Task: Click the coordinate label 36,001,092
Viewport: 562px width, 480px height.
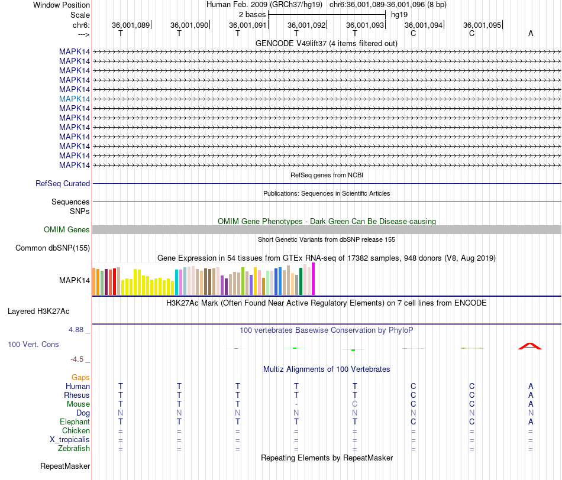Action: coord(306,25)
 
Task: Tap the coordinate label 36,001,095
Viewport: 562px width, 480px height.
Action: coord(482,25)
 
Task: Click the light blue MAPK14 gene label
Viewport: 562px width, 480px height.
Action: coord(75,99)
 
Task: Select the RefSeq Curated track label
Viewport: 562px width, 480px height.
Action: coord(63,183)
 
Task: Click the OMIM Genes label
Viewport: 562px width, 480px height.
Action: coord(67,229)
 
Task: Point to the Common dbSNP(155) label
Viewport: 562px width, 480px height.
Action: coord(53,248)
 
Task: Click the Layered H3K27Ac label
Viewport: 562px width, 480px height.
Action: coord(38,312)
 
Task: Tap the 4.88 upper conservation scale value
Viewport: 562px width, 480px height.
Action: coord(76,329)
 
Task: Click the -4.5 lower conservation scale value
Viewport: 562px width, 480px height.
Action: coord(77,359)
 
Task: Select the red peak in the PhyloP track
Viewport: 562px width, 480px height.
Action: coord(530,346)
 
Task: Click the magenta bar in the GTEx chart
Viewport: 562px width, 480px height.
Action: coord(314,278)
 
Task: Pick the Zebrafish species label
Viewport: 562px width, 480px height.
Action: coord(74,449)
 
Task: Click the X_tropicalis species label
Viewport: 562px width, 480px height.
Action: coord(70,440)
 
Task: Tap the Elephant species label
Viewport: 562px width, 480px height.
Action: coord(75,421)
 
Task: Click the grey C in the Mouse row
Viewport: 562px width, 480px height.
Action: coord(355,404)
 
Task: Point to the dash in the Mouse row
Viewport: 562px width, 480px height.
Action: coord(296,404)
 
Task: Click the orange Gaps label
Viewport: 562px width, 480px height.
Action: coord(80,377)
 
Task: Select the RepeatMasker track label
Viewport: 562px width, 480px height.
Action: coord(65,466)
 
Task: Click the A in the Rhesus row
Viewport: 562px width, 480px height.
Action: coord(531,395)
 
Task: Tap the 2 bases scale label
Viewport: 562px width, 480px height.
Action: coord(253,15)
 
